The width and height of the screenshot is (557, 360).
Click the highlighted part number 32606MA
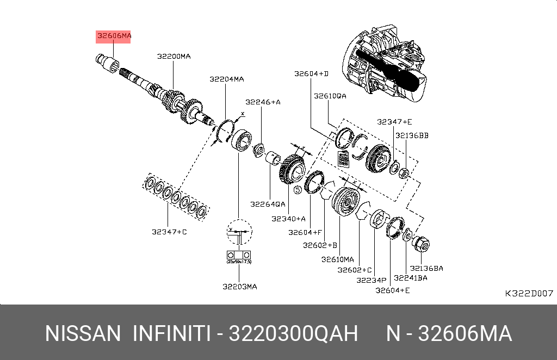click(114, 36)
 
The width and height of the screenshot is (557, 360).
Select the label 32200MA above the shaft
click(174, 56)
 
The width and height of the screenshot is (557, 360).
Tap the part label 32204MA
click(227, 79)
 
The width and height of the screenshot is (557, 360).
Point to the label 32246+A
click(263, 102)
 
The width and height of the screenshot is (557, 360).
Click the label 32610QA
click(330, 96)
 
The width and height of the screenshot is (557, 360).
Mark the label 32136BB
click(412, 135)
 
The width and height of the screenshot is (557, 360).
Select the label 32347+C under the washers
click(169, 232)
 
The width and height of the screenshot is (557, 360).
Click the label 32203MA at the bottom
click(239, 287)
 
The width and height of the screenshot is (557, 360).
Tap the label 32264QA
click(268, 204)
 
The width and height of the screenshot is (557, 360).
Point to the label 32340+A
click(288, 219)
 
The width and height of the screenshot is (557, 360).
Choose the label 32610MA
click(337, 259)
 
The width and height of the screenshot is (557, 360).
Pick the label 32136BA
click(426, 268)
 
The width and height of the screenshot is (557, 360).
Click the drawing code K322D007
click(529, 294)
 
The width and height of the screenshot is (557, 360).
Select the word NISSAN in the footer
click(83, 333)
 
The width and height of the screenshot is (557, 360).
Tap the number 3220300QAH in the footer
click(293, 333)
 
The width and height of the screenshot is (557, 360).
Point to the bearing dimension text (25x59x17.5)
click(239, 262)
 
